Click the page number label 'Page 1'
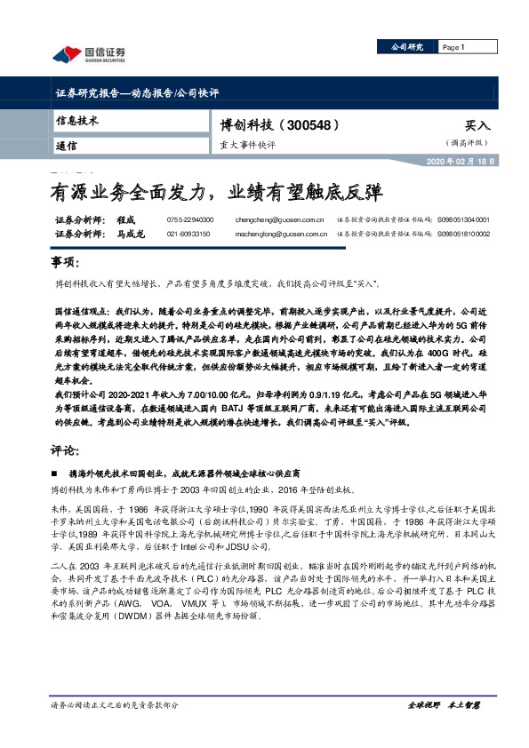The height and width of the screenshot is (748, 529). point(453,47)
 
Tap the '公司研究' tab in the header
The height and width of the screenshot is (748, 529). point(402,47)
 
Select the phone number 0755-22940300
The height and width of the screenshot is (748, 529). point(189,219)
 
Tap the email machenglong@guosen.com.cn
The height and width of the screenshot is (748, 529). point(285,234)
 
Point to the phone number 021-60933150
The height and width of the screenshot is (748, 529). point(189,234)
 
